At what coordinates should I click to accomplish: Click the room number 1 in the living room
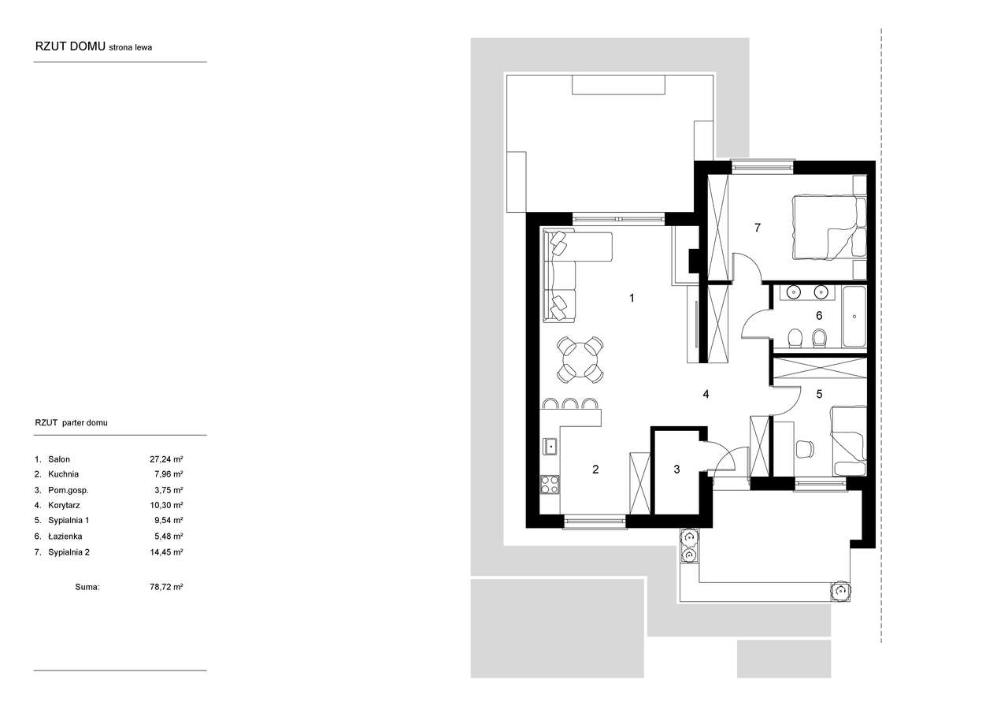click(x=632, y=298)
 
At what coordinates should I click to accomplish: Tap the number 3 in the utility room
click(x=676, y=470)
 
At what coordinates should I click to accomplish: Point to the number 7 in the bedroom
click(x=758, y=228)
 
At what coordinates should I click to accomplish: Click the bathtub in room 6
click(x=854, y=317)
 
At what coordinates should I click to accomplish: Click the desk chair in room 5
click(x=805, y=449)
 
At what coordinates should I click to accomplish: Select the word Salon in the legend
click(x=59, y=459)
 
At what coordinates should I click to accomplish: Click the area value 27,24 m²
click(x=166, y=459)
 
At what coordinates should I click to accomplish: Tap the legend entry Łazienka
click(x=65, y=536)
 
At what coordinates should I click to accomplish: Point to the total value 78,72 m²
click(x=166, y=587)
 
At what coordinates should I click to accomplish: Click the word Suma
click(x=87, y=587)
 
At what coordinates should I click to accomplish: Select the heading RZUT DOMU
click(x=70, y=46)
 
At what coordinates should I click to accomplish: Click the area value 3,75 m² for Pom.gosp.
click(x=169, y=490)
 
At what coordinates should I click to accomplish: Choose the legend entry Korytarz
click(x=64, y=505)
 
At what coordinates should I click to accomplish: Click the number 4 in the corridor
click(x=706, y=394)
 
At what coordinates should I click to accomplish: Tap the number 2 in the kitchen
click(x=595, y=470)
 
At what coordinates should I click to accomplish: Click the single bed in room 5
click(x=849, y=441)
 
